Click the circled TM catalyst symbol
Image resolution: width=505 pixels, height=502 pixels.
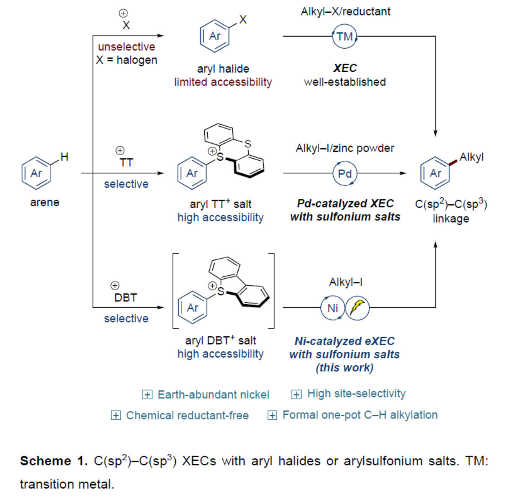[345, 37]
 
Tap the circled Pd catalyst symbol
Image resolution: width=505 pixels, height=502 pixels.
[345, 173]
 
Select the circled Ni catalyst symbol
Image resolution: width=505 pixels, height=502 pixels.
[333, 308]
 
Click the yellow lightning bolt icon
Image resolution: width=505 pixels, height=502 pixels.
[357, 308]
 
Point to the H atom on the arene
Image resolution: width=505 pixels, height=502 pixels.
[64, 157]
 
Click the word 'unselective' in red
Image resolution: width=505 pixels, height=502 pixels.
[126, 47]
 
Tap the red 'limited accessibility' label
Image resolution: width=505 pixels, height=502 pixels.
[223, 82]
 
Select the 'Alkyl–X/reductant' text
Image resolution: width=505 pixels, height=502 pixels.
[345, 11]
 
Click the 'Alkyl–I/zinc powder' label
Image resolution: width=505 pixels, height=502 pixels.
[345, 148]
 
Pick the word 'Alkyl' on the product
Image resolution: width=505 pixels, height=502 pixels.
[471, 157]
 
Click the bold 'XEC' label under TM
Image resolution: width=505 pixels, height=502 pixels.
[345, 68]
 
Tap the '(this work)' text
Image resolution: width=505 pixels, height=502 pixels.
[344, 368]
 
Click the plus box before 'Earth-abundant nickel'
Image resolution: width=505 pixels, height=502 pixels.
[147, 395]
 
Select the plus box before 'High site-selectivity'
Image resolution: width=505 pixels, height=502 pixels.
[297, 394]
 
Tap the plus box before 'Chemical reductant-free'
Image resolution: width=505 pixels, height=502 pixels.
[116, 416]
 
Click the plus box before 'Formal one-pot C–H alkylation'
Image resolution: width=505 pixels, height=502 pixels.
[272, 415]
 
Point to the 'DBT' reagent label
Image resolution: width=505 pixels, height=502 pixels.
[125, 298]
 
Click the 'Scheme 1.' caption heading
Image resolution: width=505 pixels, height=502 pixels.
[54, 461]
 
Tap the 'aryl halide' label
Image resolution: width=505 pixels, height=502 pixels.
[223, 68]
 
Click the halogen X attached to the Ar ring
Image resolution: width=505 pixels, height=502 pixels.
[243, 19]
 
